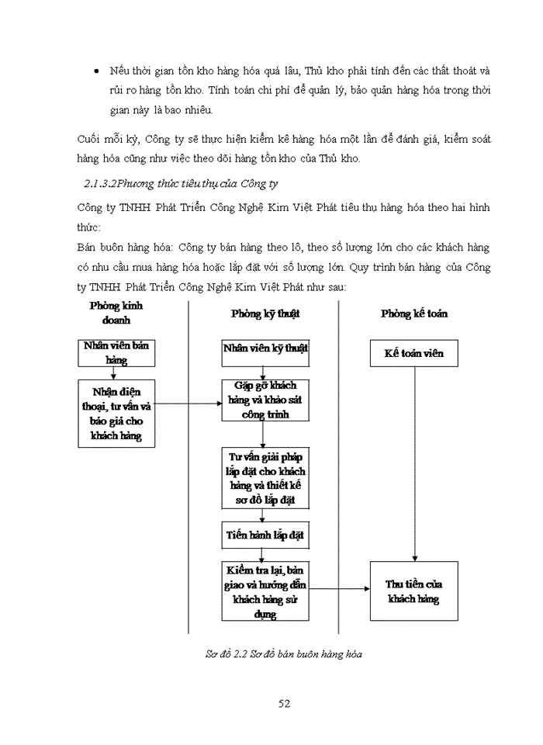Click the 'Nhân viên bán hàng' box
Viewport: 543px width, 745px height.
[x=116, y=352]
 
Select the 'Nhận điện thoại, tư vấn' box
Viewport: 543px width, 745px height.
[x=116, y=413]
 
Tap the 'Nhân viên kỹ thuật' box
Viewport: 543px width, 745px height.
[x=265, y=349]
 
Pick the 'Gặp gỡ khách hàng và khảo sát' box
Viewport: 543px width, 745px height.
[x=265, y=400]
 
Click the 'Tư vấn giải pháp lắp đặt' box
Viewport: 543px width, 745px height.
[x=265, y=478]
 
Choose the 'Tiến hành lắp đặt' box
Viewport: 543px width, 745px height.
[x=265, y=535]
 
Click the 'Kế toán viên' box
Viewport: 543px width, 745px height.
[x=414, y=353]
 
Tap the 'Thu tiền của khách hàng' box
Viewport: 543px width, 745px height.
[x=414, y=591]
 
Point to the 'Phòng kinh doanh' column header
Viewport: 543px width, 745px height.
[x=116, y=313]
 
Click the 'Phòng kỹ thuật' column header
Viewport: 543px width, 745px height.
[x=265, y=314]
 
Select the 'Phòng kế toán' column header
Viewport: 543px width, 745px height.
[x=414, y=314]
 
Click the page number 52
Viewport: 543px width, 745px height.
[x=284, y=704]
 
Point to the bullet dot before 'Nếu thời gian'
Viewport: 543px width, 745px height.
[x=95, y=71]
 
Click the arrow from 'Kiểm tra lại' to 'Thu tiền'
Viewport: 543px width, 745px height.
[x=339, y=590]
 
